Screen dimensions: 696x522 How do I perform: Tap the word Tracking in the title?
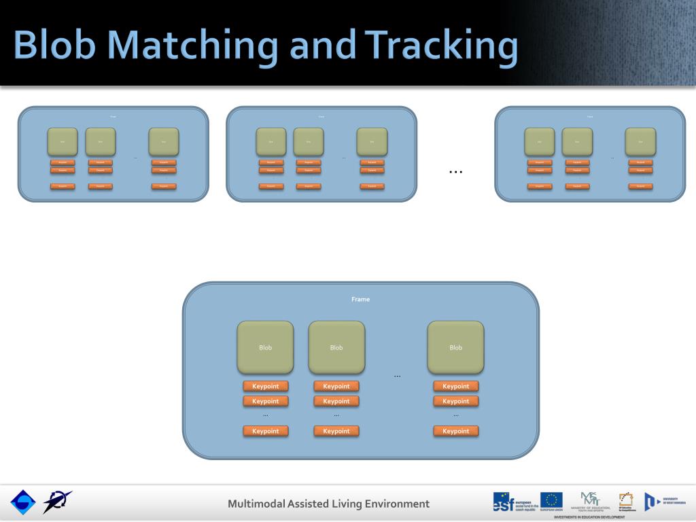tap(436, 46)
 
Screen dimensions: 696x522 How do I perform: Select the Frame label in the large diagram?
tap(361, 299)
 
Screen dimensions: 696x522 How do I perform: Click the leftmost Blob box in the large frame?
tap(265, 347)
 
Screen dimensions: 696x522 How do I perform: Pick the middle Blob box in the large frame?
tap(336, 347)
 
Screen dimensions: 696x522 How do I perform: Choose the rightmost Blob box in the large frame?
tap(455, 347)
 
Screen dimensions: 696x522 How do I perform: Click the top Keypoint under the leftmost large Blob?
tap(266, 386)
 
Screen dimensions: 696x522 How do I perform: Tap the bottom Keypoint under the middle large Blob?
tap(336, 431)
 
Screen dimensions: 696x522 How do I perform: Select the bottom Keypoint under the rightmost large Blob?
tap(455, 431)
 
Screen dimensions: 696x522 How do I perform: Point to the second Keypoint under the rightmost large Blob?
tap(455, 401)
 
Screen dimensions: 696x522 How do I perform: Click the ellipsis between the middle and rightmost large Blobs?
tap(397, 376)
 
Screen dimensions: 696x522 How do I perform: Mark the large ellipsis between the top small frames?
tap(455, 172)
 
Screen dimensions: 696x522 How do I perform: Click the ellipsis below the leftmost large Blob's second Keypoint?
tap(266, 415)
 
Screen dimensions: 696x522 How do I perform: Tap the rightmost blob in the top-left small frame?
tap(164, 141)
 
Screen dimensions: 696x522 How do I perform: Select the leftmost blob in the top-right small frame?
tap(539, 141)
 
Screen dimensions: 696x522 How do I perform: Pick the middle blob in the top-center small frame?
tap(309, 141)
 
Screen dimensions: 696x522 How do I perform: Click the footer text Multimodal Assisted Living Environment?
tap(329, 504)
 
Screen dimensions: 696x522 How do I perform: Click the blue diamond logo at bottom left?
tap(22, 502)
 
